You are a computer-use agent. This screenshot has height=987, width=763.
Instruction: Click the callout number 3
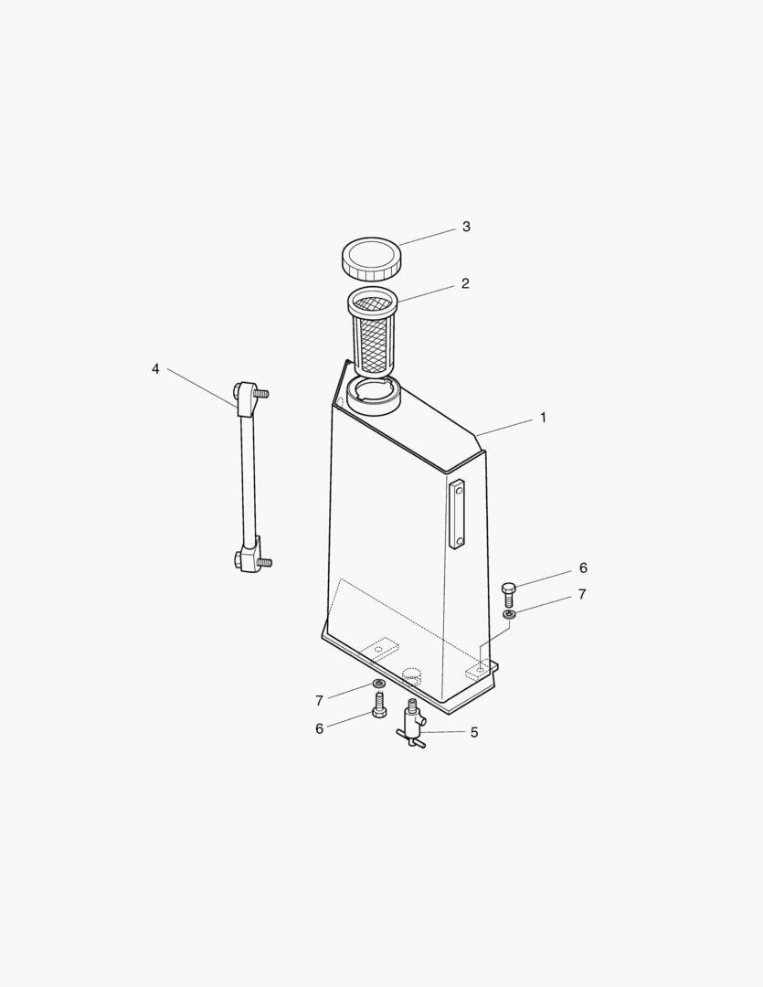[466, 227]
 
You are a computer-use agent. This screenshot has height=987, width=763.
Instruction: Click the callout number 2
[465, 283]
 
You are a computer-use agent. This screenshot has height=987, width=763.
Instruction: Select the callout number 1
[543, 418]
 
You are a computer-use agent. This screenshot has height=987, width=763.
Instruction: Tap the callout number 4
[155, 368]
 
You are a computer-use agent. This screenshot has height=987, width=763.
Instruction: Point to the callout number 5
[474, 732]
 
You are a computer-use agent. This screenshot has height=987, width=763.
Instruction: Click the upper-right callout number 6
[583, 568]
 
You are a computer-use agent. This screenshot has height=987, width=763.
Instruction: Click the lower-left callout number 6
[319, 728]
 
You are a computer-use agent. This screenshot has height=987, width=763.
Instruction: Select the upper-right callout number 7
[582, 595]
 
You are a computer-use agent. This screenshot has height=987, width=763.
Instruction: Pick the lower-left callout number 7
[319, 701]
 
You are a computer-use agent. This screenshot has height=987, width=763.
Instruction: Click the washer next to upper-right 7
[510, 615]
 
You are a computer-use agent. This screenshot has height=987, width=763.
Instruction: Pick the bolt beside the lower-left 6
[379, 705]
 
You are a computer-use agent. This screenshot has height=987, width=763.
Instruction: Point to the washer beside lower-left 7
[378, 684]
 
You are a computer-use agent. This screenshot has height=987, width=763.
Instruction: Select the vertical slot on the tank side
[457, 514]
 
